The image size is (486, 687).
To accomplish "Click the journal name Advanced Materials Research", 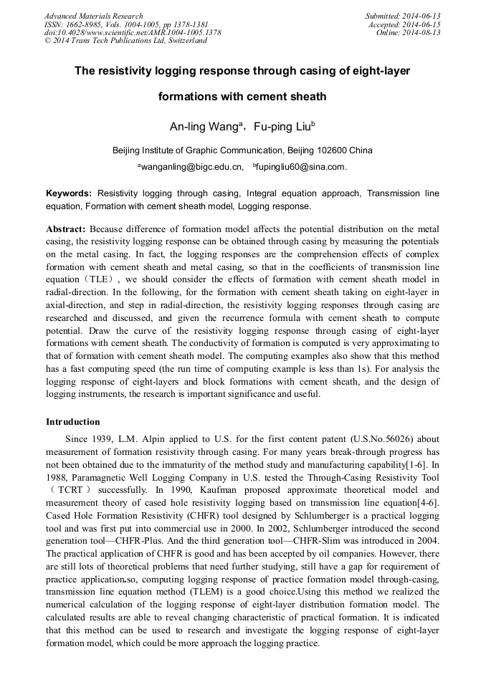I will tap(94, 16).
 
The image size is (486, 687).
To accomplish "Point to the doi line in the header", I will tap(133, 33).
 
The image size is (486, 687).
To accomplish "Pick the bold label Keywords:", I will tap(69, 193).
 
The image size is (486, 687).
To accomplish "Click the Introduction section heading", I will tap(73, 421).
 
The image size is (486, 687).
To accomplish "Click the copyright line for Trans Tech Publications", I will tap(126, 41).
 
